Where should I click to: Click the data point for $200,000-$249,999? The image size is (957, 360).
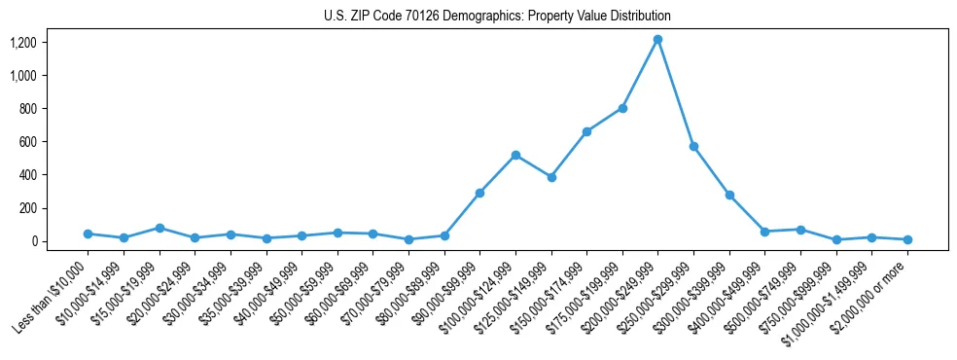[x=657, y=40]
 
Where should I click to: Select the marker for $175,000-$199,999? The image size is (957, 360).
[x=622, y=108]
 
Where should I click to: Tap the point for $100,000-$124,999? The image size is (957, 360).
[x=515, y=155]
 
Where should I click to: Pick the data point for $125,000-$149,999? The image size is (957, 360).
[x=551, y=177]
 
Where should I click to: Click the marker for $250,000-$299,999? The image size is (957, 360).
[x=693, y=146]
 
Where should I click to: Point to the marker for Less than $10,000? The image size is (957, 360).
[x=88, y=234]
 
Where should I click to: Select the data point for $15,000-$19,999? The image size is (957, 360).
[x=159, y=228]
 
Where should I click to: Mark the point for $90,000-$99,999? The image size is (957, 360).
[x=479, y=193]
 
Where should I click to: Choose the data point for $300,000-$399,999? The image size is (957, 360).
[x=729, y=195]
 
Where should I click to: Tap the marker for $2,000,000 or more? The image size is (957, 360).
[x=907, y=239]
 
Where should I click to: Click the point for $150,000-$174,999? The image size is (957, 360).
[x=586, y=131]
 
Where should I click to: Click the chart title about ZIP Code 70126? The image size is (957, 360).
[x=497, y=17]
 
